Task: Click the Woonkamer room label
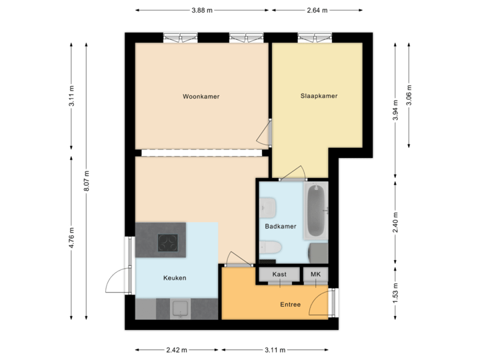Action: coord(201,97)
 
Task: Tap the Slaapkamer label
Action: coord(319,96)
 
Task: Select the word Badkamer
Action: coord(280,227)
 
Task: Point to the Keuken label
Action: coord(175,278)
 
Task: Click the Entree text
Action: coord(290,305)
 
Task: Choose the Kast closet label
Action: coord(279,275)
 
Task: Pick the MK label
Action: coord(314,275)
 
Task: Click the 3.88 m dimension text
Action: coord(202,10)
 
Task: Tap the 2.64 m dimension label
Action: coord(317,10)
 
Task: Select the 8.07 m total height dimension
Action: coord(87,181)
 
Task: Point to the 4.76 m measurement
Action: coord(71,238)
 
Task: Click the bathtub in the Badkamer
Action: coord(315,211)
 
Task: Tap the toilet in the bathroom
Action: coord(271,249)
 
